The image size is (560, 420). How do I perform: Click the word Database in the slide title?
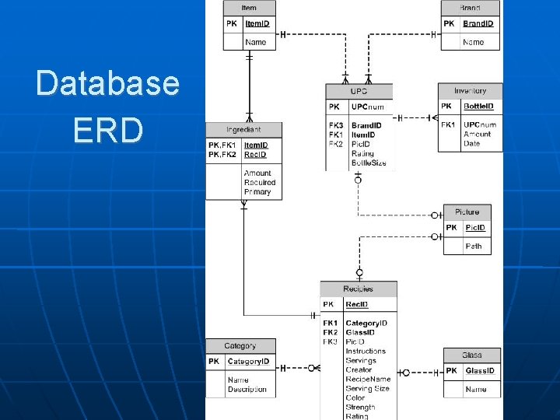pyautogui.click(x=107, y=83)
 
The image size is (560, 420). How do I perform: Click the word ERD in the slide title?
pyautogui.click(x=108, y=130)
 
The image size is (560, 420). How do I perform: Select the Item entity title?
pyautogui.click(x=249, y=8)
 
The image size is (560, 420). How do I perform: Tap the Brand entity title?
pyautogui.click(x=470, y=8)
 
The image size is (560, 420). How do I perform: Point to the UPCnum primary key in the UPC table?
pyautogui.click(x=368, y=107)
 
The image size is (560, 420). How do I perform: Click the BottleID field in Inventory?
pyautogui.click(x=478, y=106)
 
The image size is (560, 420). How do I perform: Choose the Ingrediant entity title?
pyautogui.click(x=243, y=129)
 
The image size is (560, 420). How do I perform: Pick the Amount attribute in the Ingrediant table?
pyautogui.click(x=257, y=173)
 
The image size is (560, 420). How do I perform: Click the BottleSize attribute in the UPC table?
pyautogui.click(x=369, y=163)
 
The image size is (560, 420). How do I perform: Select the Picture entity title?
pyautogui.click(x=467, y=212)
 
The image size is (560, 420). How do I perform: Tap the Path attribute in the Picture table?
pyautogui.click(x=474, y=246)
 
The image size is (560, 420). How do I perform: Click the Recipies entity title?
pyautogui.click(x=358, y=289)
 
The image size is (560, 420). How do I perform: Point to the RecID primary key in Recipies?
pyautogui.click(x=357, y=305)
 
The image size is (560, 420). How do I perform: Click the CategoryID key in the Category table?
pyautogui.click(x=248, y=362)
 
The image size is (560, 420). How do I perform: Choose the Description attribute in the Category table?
pyautogui.click(x=247, y=390)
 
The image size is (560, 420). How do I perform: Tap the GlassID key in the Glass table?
pyautogui.click(x=480, y=371)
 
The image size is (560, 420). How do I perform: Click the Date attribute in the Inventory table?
pyautogui.click(x=471, y=143)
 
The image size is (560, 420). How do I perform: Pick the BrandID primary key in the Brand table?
pyautogui.click(x=478, y=23)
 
